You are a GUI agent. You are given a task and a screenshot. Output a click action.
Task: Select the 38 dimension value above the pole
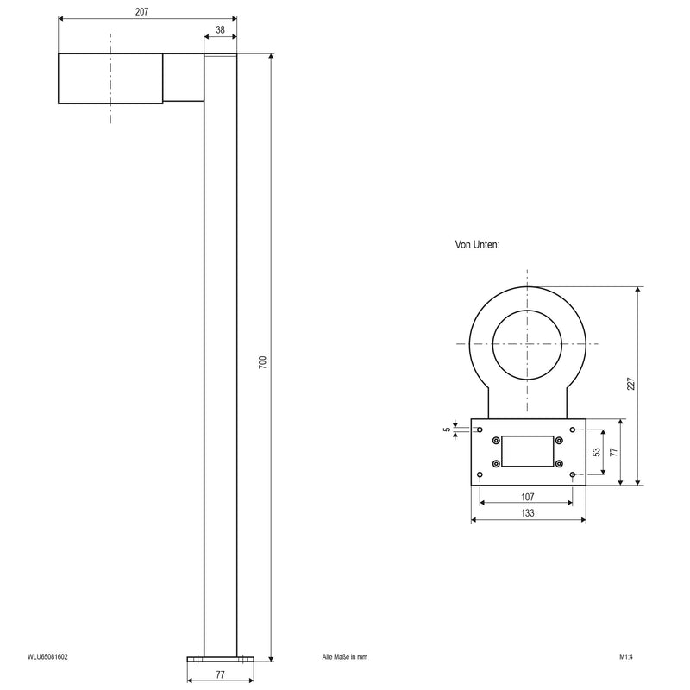(220, 29)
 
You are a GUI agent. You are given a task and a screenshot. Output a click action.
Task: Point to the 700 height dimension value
(262, 361)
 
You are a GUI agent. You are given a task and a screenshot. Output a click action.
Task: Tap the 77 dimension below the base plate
(220, 675)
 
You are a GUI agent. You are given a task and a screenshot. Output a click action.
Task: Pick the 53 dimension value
(597, 452)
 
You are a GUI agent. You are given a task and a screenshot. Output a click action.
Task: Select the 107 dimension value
(528, 497)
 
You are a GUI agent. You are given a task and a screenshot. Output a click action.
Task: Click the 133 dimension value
(528, 513)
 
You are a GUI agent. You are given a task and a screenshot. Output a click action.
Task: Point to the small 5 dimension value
(447, 429)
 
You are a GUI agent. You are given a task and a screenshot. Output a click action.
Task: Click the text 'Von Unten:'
(477, 245)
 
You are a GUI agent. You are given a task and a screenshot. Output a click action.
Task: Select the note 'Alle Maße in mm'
(344, 657)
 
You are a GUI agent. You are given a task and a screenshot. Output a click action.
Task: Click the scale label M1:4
(626, 657)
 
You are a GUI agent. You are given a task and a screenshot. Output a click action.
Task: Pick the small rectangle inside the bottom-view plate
(528, 452)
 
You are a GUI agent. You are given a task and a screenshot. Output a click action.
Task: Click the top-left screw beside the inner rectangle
(496, 441)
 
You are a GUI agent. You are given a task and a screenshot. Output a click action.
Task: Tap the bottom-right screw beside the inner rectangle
(559, 464)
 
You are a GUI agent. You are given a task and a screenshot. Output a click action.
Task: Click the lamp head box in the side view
(110, 78)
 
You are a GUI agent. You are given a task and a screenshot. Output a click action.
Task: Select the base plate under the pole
(220, 659)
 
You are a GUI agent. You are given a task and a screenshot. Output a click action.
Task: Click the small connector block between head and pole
(183, 78)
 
